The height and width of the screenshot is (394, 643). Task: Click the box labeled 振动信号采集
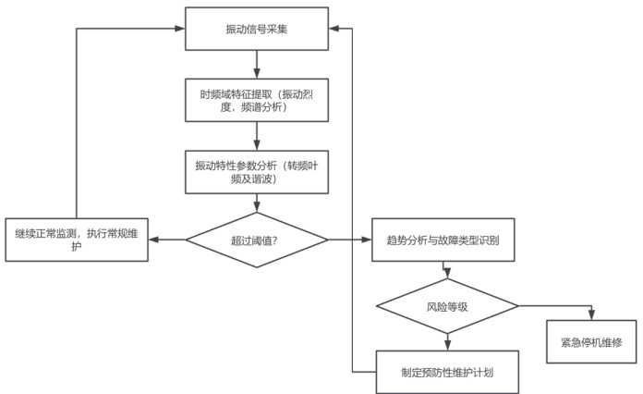tap(257, 29)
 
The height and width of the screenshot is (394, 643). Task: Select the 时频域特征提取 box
tap(257, 100)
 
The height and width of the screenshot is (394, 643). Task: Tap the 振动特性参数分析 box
tap(257, 172)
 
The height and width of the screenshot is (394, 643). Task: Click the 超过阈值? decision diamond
tap(257, 240)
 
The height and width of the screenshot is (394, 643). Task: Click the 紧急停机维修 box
tap(591, 341)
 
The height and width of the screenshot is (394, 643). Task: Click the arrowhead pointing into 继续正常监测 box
tap(154, 240)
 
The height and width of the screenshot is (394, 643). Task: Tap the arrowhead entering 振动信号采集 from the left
tap(180, 29)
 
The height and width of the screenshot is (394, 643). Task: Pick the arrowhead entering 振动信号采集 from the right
tap(335, 29)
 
